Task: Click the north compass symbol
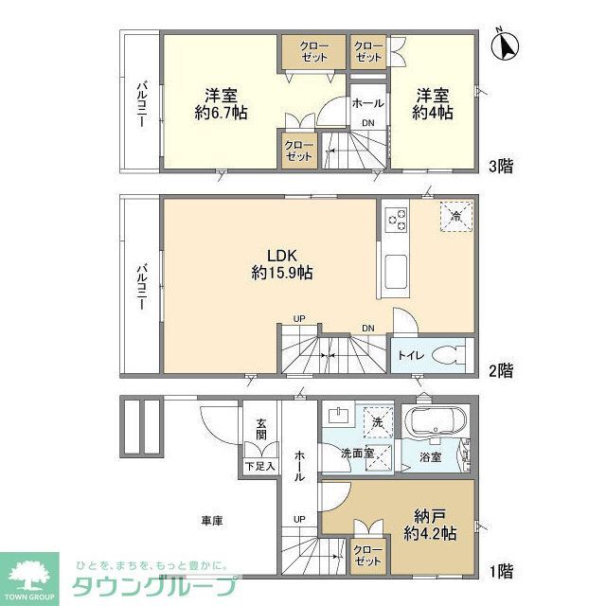click(508, 45)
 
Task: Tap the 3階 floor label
click(501, 166)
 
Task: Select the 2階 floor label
click(501, 369)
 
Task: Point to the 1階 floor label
click(501, 572)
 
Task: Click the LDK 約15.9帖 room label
click(282, 263)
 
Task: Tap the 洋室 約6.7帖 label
click(222, 103)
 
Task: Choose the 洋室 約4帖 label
click(432, 103)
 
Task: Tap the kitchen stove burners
click(396, 220)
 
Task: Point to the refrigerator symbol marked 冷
click(455, 216)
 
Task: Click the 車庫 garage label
click(212, 520)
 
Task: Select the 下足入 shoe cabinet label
click(260, 466)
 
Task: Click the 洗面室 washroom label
click(359, 454)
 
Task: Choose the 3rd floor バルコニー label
click(140, 104)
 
